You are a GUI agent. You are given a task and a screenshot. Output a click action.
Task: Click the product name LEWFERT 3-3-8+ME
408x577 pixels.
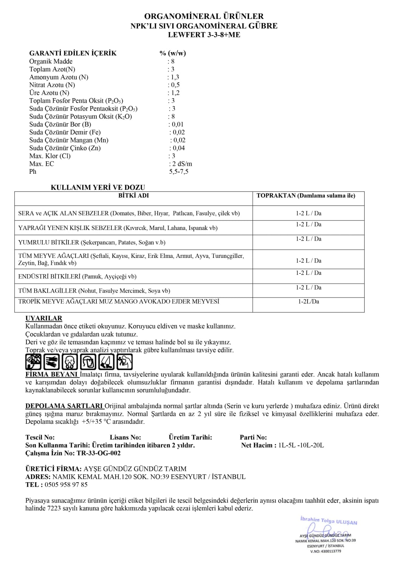coord(204,35)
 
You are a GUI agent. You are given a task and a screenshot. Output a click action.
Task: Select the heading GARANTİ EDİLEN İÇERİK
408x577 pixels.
coord(73,53)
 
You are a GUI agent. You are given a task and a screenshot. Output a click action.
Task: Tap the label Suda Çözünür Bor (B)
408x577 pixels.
coord(60,124)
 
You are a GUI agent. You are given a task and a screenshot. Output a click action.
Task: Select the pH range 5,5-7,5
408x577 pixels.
coord(179,172)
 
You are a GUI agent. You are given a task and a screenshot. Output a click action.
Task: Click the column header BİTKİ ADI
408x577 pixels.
coord(133,196)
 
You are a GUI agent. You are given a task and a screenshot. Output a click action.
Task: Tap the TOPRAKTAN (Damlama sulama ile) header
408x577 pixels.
coord(306,196)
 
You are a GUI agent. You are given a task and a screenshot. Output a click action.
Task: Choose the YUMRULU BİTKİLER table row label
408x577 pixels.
coord(92,242)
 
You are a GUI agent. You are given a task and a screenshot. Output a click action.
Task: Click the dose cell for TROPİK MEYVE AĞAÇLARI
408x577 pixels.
coord(308,302)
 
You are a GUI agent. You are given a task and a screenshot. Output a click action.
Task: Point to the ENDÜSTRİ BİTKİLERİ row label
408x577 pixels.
coord(77,276)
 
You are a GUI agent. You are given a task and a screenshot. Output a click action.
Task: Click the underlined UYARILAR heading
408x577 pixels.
coord(44,318)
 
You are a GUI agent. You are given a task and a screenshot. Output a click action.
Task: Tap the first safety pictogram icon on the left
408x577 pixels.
coord(33,362)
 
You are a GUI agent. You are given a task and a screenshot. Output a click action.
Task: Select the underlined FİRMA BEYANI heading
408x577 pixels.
coord(52,375)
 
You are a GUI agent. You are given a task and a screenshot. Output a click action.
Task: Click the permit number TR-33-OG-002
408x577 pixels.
coord(99,453)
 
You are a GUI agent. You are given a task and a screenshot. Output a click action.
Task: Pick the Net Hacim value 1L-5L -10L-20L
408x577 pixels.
coord(301,445)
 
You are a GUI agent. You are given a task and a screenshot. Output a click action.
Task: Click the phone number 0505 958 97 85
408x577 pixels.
coord(66,484)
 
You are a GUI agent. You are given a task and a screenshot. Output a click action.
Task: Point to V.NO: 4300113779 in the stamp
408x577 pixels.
coord(325,551)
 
